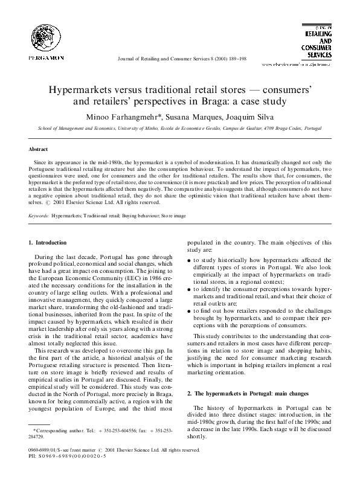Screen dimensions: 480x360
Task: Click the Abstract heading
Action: point(39,148)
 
